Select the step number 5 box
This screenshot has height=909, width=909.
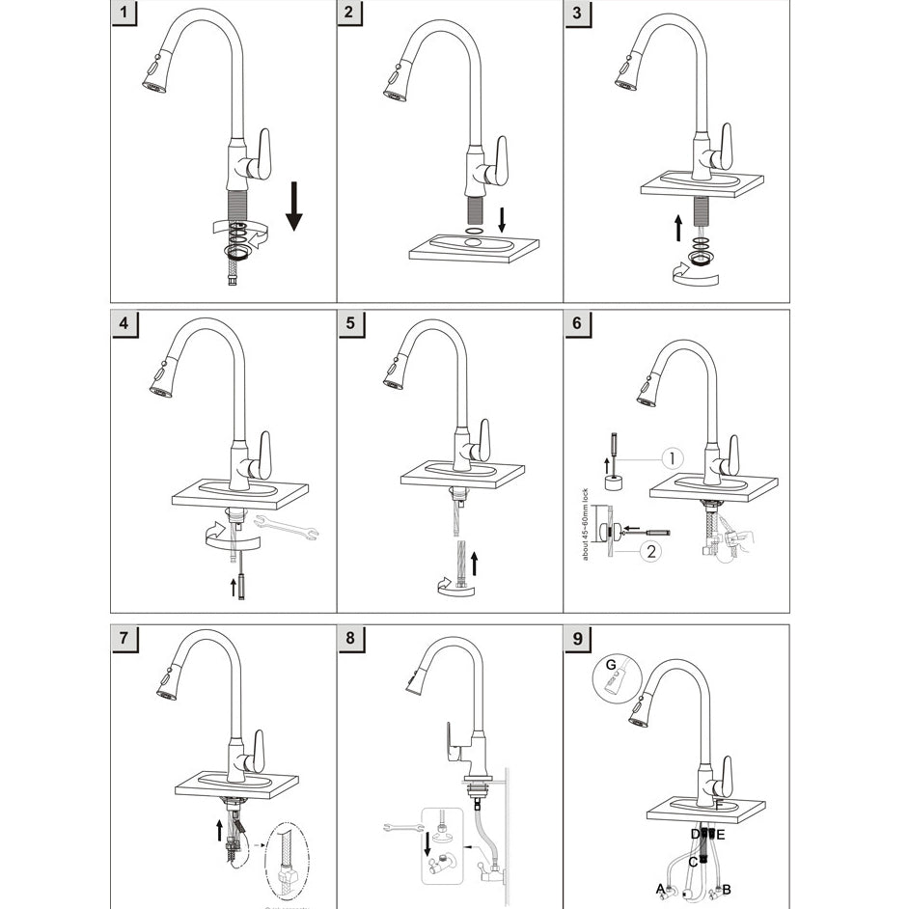[x=354, y=323]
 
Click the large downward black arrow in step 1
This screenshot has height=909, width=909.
[x=294, y=207]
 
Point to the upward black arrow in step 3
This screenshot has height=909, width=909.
[x=678, y=227]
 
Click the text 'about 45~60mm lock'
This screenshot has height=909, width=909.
[x=587, y=530]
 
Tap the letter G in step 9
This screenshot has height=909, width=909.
[x=610, y=665]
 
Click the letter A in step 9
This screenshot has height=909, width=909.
[x=661, y=888]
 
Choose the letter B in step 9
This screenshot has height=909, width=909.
[x=727, y=889]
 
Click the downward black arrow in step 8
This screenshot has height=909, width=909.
[x=427, y=841]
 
